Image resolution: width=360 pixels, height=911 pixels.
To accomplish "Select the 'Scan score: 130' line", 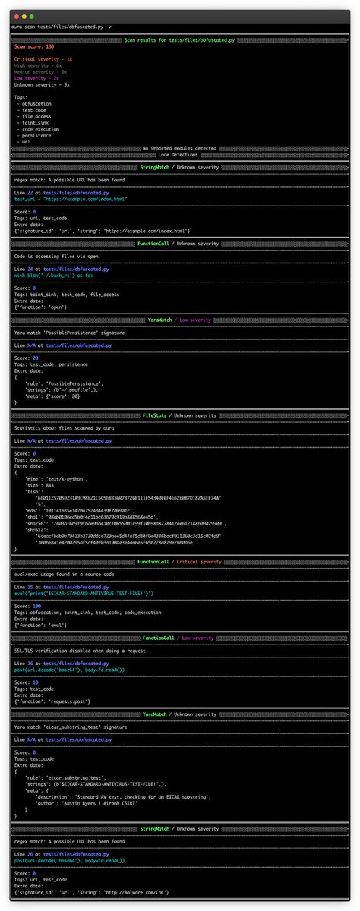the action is point(33,46).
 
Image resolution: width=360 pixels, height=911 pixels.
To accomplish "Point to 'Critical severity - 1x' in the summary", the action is point(43,58).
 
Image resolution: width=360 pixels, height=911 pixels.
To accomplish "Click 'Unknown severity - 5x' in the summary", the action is point(42,84).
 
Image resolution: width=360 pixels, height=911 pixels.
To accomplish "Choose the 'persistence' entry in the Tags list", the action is point(38,134).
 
